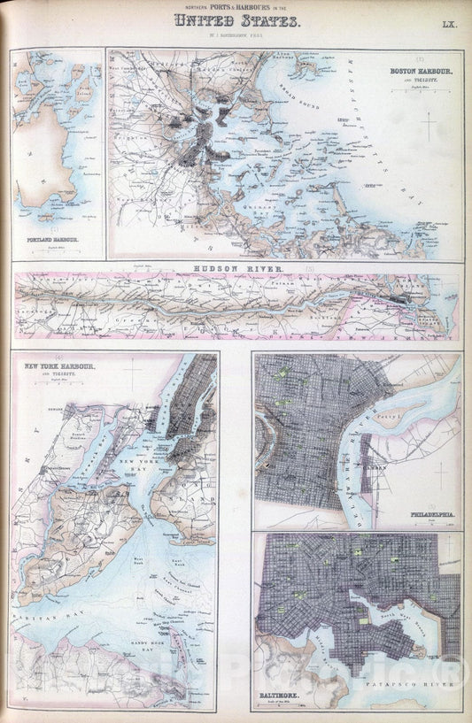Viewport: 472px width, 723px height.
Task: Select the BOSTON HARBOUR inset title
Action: point(422,71)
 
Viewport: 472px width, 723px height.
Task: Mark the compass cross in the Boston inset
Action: point(428,126)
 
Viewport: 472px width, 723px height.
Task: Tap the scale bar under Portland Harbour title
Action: point(53,247)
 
